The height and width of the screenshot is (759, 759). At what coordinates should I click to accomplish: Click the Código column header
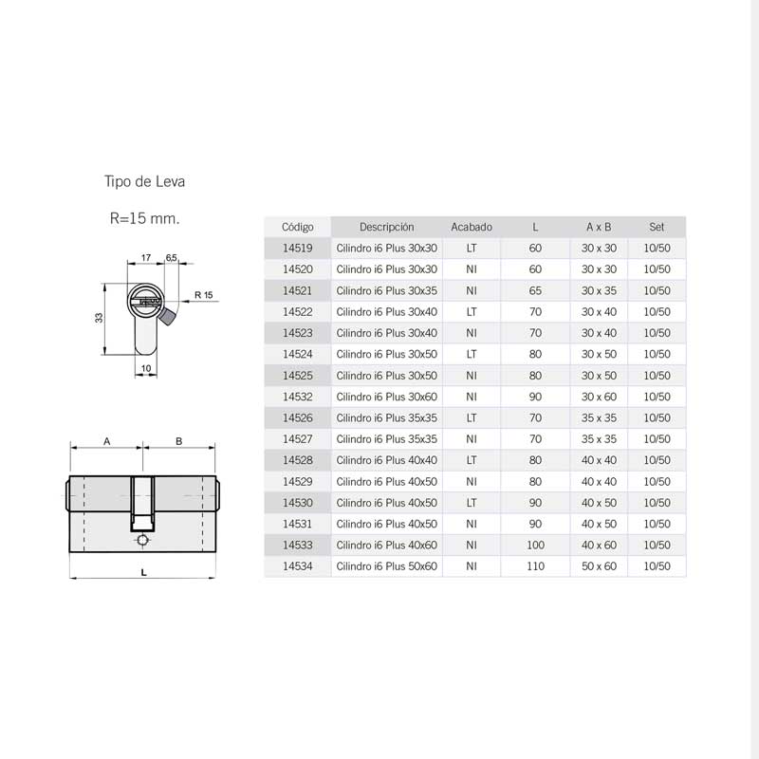coord(297,227)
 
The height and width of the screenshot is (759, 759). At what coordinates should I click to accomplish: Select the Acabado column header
coord(472,227)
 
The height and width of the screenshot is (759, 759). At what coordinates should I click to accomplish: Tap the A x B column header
coord(599,227)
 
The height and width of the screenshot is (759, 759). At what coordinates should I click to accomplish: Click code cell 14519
coord(297,249)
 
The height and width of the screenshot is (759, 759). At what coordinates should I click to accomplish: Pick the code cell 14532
coord(297,397)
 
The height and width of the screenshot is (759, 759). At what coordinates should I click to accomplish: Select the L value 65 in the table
coord(535,291)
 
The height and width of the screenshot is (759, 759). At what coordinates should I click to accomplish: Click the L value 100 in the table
coord(535,545)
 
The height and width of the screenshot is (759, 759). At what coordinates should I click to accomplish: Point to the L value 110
coord(535,566)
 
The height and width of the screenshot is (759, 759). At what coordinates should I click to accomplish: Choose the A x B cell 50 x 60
coord(599,566)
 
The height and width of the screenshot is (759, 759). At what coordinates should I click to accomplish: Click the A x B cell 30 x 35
coord(599,291)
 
